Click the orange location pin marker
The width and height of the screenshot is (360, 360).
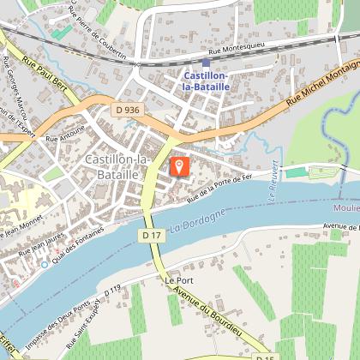[x=179, y=163]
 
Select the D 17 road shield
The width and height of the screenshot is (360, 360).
[x=152, y=234]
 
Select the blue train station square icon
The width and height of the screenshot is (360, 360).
[x=206, y=62]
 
